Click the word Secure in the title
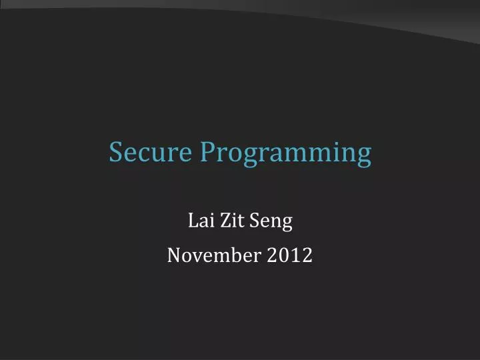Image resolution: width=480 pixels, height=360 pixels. click(x=151, y=153)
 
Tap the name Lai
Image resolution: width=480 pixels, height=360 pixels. click(x=199, y=221)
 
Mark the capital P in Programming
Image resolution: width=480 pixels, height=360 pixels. click(x=207, y=153)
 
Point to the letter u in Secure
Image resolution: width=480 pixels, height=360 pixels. click(x=157, y=154)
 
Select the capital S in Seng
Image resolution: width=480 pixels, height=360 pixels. click(x=254, y=221)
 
